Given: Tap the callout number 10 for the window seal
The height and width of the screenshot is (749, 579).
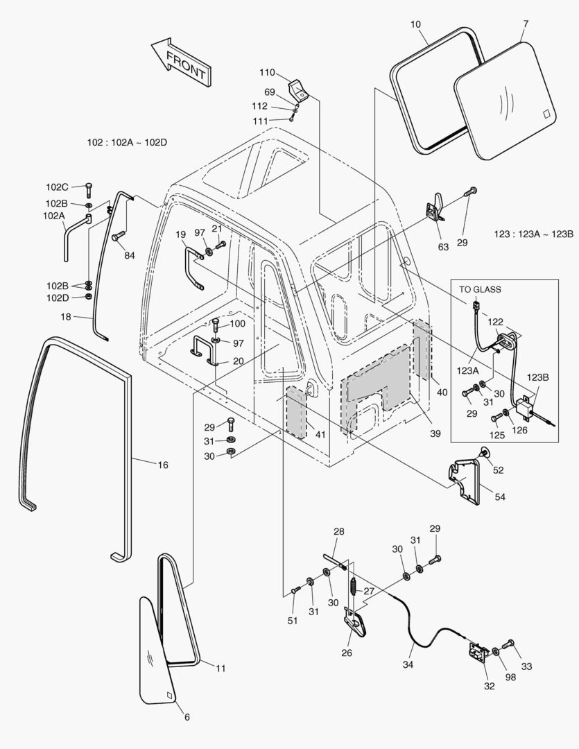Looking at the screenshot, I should click(415, 24).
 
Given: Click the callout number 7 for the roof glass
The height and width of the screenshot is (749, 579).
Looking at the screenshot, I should click(526, 24).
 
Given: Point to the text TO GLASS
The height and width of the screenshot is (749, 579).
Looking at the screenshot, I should click(480, 289).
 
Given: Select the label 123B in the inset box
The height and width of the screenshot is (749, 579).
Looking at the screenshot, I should click(537, 377).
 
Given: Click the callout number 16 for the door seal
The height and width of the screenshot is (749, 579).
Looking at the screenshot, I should click(162, 465).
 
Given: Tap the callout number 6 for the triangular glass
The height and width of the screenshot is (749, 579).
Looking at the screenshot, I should click(187, 716).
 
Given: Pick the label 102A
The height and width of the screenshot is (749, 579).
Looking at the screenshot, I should click(54, 216).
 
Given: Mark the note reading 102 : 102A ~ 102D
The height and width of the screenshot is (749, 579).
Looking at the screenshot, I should click(128, 142).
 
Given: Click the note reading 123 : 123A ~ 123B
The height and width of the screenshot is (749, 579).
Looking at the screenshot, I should click(534, 234).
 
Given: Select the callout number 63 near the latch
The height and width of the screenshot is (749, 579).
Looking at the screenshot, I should click(443, 246).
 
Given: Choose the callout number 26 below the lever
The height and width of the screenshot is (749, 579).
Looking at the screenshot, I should click(346, 653).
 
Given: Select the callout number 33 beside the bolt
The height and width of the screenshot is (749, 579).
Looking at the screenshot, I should click(526, 666).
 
